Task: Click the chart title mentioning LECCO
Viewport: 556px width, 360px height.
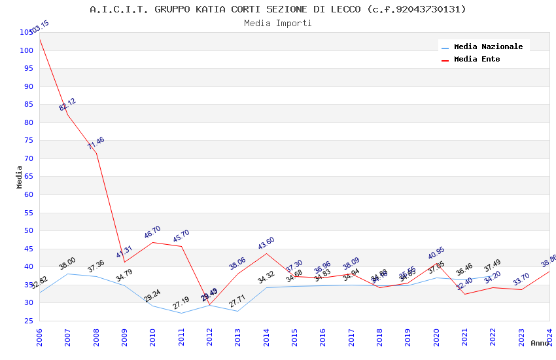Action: tap(278, 9)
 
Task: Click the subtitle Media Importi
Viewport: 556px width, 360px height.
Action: tap(278, 24)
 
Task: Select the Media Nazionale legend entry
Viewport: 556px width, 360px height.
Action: tap(488, 47)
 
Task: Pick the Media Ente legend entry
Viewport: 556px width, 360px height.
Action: tap(477, 60)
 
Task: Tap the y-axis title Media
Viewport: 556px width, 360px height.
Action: tap(20, 177)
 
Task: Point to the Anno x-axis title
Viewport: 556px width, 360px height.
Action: tap(540, 343)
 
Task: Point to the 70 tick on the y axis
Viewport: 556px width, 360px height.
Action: tap(28, 158)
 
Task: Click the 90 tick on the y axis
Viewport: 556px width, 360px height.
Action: tap(28, 86)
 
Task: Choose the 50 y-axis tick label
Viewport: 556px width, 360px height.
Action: tap(28, 230)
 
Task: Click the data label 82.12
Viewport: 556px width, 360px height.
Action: tap(67, 105)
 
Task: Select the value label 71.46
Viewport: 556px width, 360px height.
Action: tap(96, 143)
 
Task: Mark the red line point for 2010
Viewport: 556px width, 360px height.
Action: tap(152, 242)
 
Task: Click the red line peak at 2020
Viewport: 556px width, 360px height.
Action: tap(436, 263)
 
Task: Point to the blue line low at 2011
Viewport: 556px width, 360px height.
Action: tap(181, 313)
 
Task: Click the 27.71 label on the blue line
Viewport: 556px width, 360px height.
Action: tap(237, 302)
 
